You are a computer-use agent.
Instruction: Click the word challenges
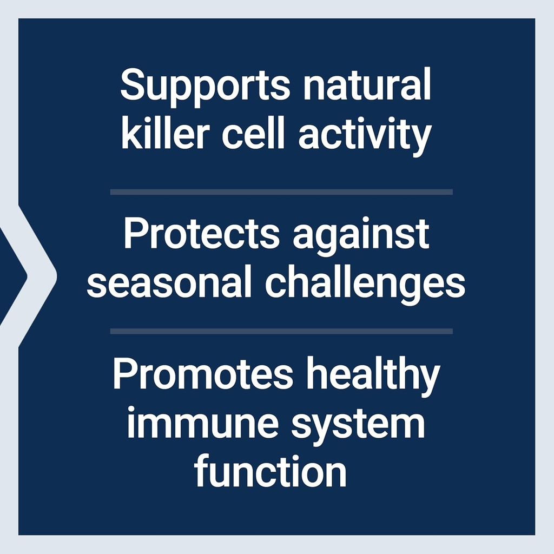coord(365,283)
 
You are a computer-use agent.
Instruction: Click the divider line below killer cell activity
coord(281,192)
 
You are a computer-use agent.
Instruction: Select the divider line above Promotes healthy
coord(281,331)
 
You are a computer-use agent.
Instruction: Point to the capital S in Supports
coord(133,85)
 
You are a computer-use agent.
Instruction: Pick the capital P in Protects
coord(135,234)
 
